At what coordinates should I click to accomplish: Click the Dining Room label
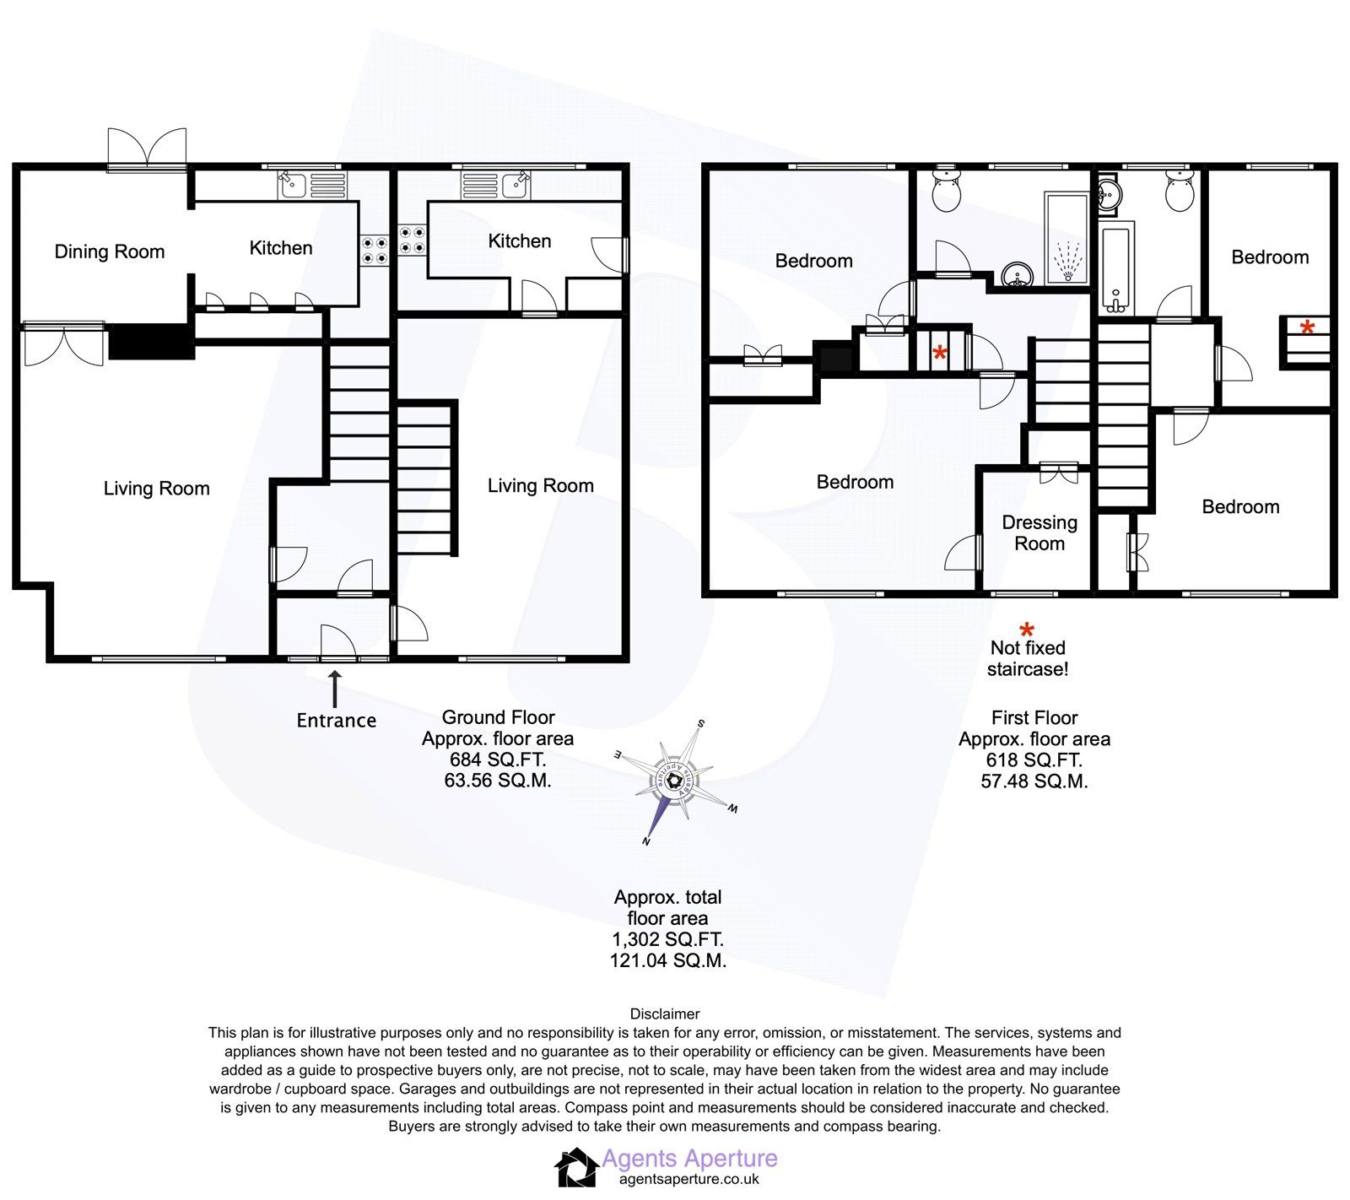click(x=109, y=251)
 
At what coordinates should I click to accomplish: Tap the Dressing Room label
click(x=1039, y=532)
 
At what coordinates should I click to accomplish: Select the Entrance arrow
click(x=334, y=689)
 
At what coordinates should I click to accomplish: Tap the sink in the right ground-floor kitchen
click(x=514, y=185)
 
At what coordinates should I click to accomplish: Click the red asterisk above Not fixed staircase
click(x=1027, y=630)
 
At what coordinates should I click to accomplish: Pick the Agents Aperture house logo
click(x=575, y=1168)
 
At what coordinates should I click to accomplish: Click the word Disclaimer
click(x=664, y=1014)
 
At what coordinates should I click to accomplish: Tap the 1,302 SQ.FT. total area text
click(x=667, y=939)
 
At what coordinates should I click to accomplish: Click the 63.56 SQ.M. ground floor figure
click(x=498, y=781)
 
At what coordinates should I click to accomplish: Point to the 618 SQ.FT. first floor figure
click(x=1034, y=760)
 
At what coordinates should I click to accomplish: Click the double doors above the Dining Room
click(x=147, y=150)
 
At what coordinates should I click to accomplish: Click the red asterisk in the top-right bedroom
click(x=1307, y=327)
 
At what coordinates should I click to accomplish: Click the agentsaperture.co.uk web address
click(x=688, y=1180)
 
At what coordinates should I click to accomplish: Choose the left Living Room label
click(x=156, y=489)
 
